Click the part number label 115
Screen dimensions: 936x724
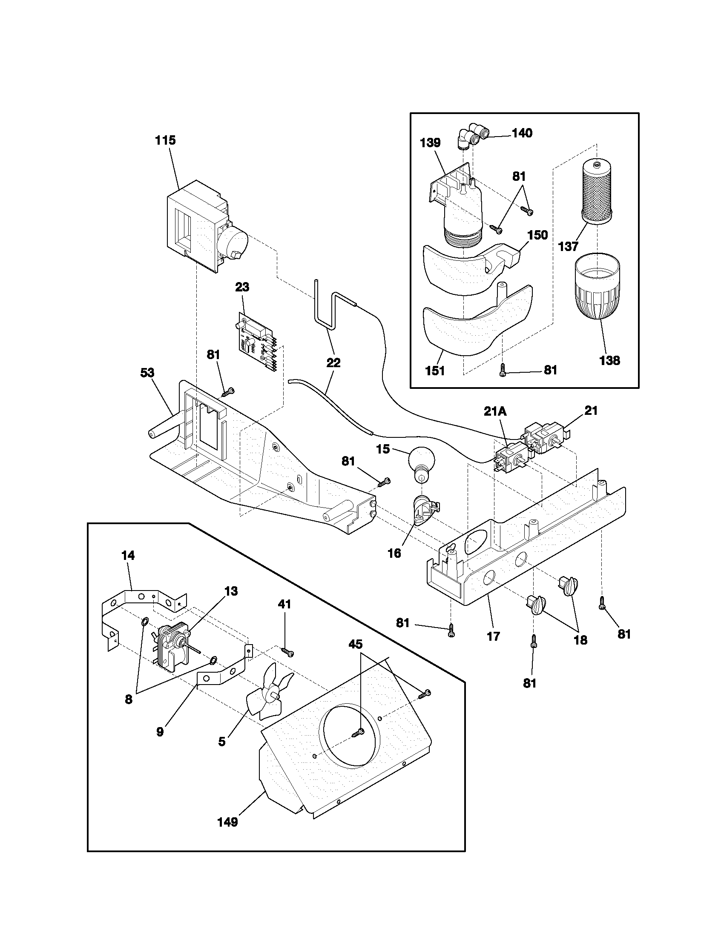[166, 140]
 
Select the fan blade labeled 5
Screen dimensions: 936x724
[266, 697]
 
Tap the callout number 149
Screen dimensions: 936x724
[227, 822]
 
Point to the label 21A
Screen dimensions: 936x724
[495, 411]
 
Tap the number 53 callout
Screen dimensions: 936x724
[147, 372]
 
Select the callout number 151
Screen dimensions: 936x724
[435, 371]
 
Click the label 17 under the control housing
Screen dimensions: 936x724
[494, 636]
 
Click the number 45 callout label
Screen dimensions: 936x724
[356, 644]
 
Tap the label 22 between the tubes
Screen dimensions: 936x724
[333, 362]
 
